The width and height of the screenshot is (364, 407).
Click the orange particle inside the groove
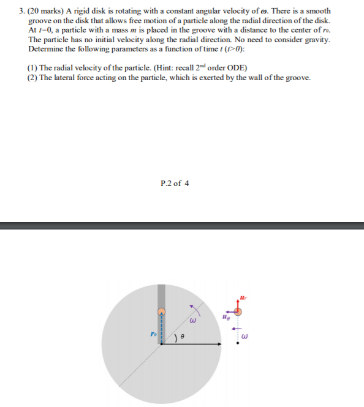[x=161, y=312]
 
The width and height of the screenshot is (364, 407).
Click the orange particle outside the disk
[x=239, y=312]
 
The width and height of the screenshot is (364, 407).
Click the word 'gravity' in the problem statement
[x=316, y=39]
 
